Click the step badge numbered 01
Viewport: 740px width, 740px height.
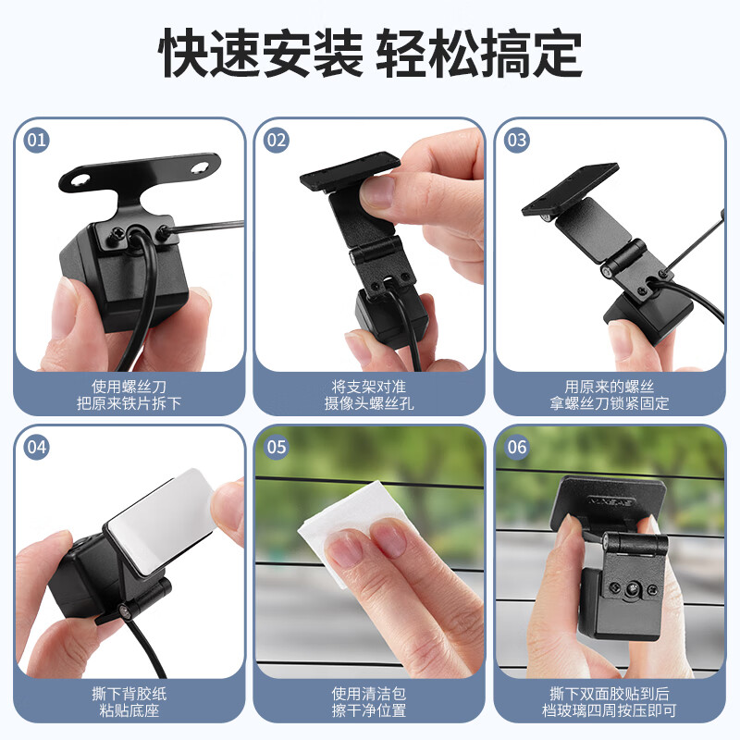click(x=37, y=141)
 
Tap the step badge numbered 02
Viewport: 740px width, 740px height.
click(x=277, y=141)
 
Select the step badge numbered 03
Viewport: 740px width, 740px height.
click(x=517, y=141)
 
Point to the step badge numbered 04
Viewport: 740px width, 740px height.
click(x=37, y=448)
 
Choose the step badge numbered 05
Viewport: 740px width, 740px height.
click(x=277, y=448)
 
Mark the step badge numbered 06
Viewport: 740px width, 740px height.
click(x=517, y=448)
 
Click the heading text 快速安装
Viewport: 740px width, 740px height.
click(x=261, y=53)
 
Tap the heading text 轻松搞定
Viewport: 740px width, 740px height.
click(x=478, y=53)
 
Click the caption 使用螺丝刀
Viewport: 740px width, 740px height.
click(x=129, y=386)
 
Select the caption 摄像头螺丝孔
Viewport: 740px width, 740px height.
click(x=369, y=404)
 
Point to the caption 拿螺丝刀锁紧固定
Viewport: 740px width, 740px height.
click(x=609, y=404)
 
